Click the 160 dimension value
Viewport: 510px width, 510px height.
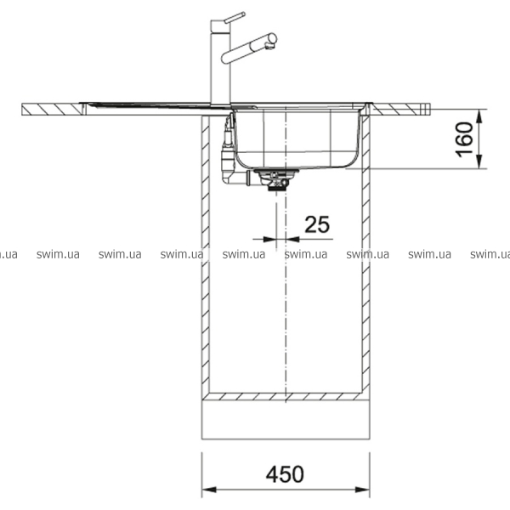pos(464,139)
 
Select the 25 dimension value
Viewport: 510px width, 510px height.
pos(317,224)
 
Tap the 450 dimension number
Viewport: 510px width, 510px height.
pos(285,474)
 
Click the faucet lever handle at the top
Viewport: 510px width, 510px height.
pos(235,17)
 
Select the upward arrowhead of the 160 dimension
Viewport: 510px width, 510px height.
pos(479,116)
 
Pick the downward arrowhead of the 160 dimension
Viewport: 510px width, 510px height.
pos(479,161)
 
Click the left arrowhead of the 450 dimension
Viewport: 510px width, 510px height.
pos(209,490)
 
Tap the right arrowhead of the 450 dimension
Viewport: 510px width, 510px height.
pos(362,490)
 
